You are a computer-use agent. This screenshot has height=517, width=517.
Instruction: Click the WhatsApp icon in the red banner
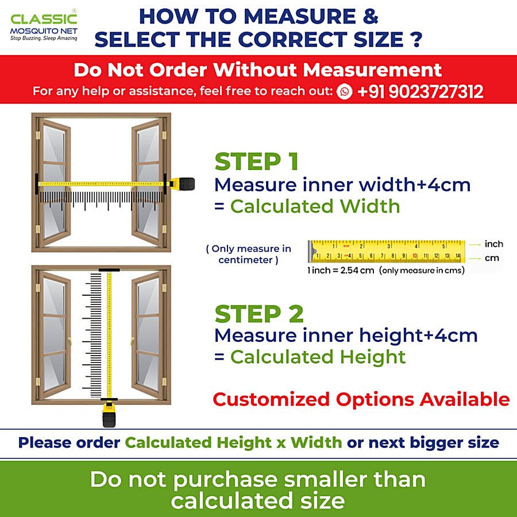click(344, 91)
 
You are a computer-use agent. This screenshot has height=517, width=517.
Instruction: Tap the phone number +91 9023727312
click(420, 91)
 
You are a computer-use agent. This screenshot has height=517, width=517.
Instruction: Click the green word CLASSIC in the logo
click(44, 19)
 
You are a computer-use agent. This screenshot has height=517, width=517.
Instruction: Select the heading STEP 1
click(257, 161)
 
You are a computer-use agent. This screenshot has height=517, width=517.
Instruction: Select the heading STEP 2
click(259, 314)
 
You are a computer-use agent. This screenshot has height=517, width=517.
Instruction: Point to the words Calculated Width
click(315, 206)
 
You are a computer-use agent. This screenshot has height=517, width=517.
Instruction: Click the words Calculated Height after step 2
click(318, 357)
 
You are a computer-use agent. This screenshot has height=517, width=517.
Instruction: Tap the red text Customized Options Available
click(361, 399)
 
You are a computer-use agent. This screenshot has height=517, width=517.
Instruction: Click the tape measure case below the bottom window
click(109, 414)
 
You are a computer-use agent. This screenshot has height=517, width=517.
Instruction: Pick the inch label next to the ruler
click(493, 244)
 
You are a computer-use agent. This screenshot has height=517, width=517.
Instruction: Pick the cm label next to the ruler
click(492, 258)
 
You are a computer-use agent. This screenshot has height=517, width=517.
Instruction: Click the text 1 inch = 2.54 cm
click(341, 271)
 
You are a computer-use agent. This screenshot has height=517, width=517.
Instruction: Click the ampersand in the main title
click(371, 17)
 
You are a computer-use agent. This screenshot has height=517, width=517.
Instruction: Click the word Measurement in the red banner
click(372, 70)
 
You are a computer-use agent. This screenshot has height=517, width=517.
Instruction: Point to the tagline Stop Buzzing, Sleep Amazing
click(44, 38)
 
